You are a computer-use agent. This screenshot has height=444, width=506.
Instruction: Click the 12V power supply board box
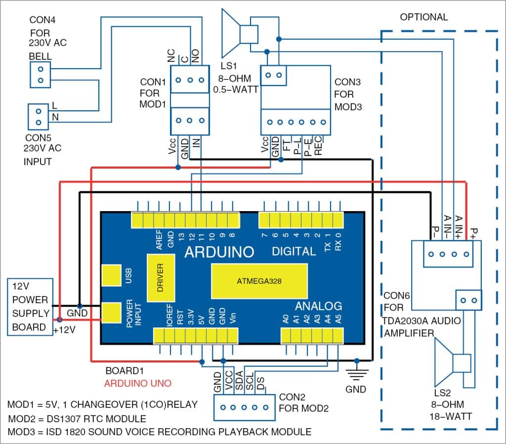(31, 307)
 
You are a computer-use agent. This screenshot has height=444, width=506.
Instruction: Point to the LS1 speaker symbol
(239, 35)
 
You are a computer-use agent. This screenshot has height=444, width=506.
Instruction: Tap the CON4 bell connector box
(41, 75)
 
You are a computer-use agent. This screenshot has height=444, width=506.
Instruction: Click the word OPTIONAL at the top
(423, 17)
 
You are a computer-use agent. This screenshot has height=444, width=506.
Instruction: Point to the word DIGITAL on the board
(294, 251)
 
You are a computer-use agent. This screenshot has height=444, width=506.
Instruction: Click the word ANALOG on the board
(319, 306)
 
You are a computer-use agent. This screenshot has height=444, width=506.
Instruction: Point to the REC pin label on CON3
(318, 146)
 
